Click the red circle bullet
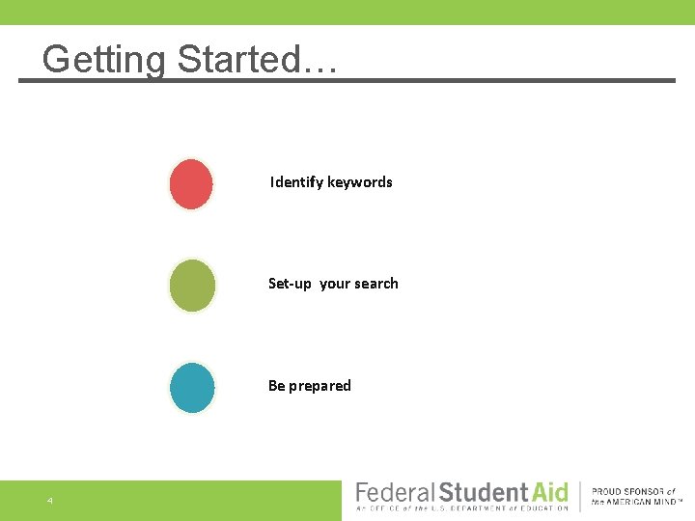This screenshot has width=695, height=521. (191, 183)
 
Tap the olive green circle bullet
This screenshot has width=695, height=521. (192, 286)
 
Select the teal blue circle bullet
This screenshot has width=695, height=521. (192, 388)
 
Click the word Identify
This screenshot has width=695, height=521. (296, 182)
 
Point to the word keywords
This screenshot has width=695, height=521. (360, 182)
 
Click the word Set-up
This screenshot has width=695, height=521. (290, 284)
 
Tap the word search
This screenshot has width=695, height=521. (375, 284)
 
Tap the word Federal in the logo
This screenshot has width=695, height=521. (395, 492)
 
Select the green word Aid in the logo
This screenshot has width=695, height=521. (547, 492)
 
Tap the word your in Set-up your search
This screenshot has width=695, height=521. (334, 284)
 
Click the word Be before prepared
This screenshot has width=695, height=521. (276, 386)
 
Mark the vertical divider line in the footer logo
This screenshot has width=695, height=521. (580, 496)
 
